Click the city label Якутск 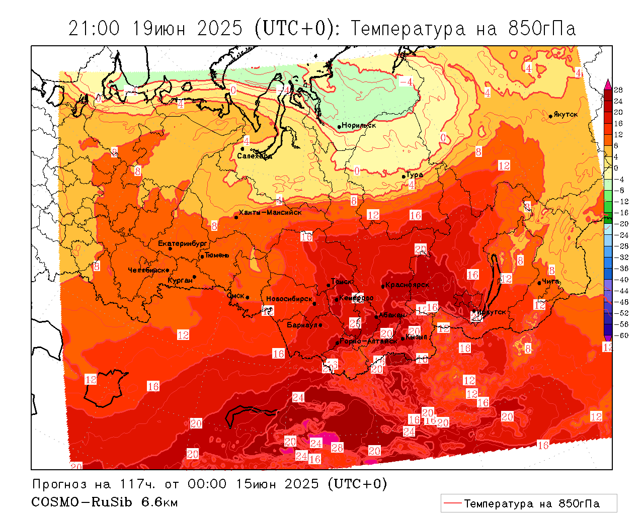(566, 115)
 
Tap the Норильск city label (359, 125)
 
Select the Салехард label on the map (255, 156)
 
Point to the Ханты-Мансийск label (271, 212)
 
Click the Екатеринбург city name (183, 243)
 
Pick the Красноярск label (408, 285)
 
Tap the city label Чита (551, 281)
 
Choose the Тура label (415, 175)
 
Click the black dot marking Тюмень (202, 256)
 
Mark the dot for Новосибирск (314, 303)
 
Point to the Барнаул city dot (320, 325)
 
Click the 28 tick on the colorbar (618, 90)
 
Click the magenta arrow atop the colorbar (608, 83)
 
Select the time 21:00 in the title (94, 29)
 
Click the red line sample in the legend (453, 503)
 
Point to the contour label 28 (337, 448)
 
